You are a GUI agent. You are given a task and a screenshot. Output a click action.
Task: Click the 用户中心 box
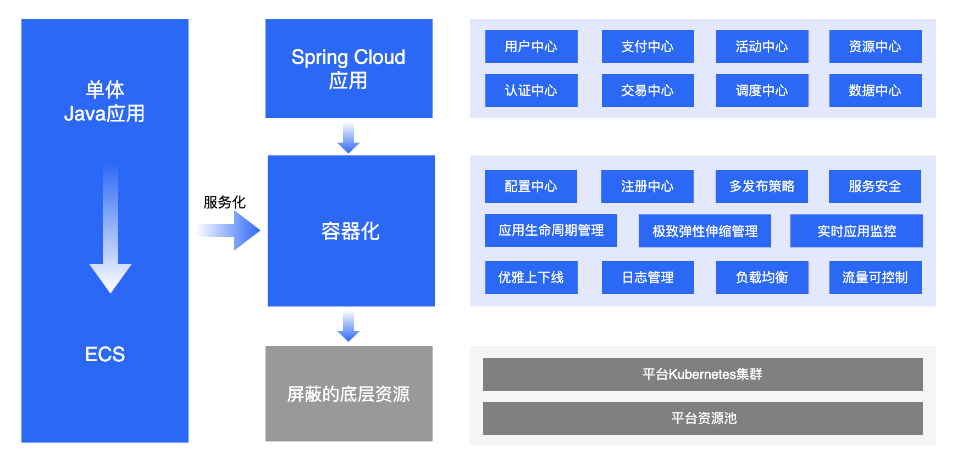[531, 47]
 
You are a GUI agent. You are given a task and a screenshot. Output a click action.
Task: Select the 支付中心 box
[647, 47]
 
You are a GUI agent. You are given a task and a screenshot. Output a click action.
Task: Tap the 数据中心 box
[875, 91]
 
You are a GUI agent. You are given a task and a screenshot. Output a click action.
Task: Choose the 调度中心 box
[762, 91]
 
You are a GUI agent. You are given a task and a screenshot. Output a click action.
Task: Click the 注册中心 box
[647, 186]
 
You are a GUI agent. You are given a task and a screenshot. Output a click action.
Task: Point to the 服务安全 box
[875, 186]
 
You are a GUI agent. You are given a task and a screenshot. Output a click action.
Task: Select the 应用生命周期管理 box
[551, 230]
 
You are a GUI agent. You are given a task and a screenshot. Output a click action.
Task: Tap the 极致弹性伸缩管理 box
[705, 231]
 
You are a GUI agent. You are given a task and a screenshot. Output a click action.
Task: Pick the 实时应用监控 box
[856, 231]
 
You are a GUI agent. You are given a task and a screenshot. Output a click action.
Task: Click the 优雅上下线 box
[531, 278]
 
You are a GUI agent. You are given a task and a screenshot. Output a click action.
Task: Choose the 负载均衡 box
[762, 278]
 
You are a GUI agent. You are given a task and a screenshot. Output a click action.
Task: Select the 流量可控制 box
[875, 278]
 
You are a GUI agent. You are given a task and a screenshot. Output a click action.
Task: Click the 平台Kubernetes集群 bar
[702, 374]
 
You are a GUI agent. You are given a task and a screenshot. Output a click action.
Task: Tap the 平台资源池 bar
[702, 418]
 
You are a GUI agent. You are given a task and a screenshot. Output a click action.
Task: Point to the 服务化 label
[224, 202]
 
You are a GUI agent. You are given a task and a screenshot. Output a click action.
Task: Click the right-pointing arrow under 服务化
[229, 230]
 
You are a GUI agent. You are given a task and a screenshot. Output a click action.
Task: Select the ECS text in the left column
[105, 354]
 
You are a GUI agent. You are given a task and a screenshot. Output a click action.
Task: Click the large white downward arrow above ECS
[110, 228]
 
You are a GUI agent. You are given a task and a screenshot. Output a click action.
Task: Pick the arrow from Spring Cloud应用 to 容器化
[348, 139]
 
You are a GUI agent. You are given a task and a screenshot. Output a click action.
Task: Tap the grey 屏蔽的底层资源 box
[349, 394]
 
